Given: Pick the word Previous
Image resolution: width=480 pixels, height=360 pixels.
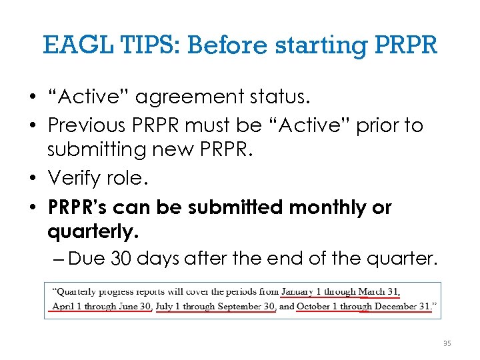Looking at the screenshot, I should [x=93, y=125].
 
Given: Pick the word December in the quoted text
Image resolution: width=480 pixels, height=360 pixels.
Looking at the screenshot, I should [x=396, y=307].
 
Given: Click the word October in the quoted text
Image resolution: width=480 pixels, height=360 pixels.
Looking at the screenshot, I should [x=313, y=307].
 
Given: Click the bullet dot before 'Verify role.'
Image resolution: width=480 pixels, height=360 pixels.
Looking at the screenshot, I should [x=32, y=179].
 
